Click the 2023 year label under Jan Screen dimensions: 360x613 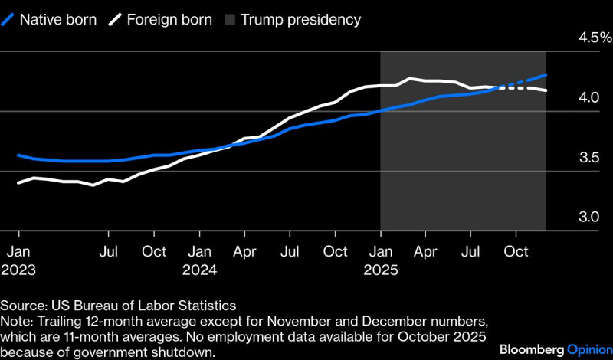[18, 270]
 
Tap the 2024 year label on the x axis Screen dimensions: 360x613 [199, 270]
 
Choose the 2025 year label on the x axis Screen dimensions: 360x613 [380, 270]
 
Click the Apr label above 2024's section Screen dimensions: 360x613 [244, 251]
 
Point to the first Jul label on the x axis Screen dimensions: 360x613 [109, 251]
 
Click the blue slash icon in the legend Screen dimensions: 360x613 [8, 19]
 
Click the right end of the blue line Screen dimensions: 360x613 [546, 75]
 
